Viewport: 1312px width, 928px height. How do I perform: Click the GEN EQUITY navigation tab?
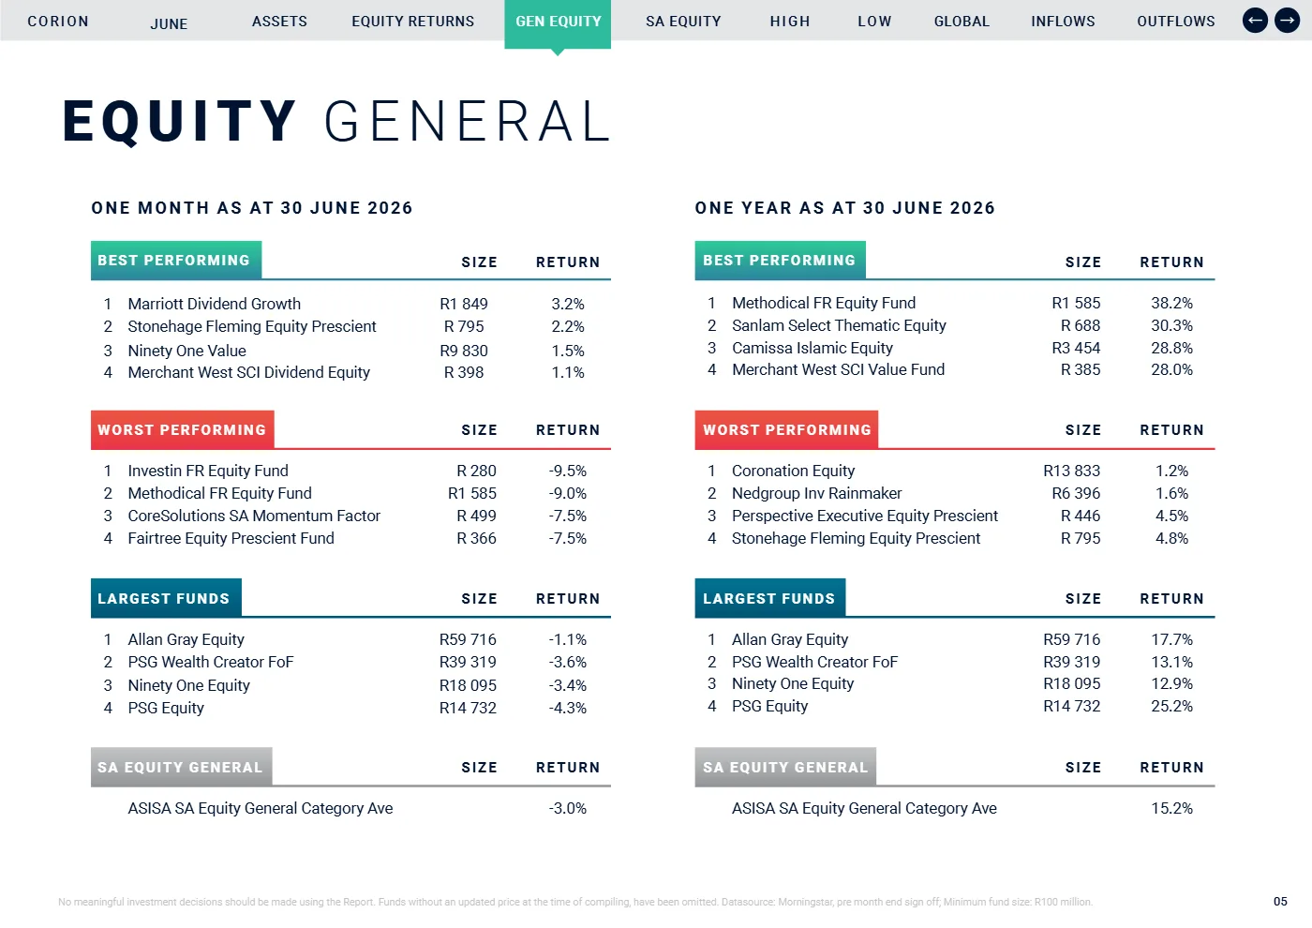(558, 22)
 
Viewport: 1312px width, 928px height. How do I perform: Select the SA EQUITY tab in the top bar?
(683, 22)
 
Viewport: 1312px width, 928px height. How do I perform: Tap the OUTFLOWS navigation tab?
(1175, 22)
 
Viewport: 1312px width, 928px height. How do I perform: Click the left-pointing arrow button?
(1255, 21)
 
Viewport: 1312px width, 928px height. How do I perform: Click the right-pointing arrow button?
(1287, 21)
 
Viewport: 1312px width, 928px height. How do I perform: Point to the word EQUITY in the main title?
(179, 121)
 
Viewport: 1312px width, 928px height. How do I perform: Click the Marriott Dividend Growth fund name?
(215, 304)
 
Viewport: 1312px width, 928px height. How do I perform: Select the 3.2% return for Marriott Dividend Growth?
(568, 304)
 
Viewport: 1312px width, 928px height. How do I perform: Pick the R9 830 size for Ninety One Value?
(463, 351)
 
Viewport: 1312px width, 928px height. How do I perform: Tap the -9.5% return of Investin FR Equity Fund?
(568, 471)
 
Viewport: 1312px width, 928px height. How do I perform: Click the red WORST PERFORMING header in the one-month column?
(182, 430)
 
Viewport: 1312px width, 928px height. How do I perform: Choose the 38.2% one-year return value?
(1171, 304)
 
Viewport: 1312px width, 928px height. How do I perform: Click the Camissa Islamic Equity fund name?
(813, 348)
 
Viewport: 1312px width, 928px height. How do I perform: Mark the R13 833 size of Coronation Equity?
(1071, 471)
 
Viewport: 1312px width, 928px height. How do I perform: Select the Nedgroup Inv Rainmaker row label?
(816, 493)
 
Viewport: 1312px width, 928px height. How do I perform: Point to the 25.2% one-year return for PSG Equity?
(1171, 707)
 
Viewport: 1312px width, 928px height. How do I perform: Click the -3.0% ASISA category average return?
(568, 808)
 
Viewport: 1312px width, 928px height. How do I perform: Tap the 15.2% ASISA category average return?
(1171, 808)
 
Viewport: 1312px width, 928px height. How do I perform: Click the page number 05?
(1280, 902)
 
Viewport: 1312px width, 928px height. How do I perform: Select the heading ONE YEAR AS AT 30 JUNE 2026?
(844, 208)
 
